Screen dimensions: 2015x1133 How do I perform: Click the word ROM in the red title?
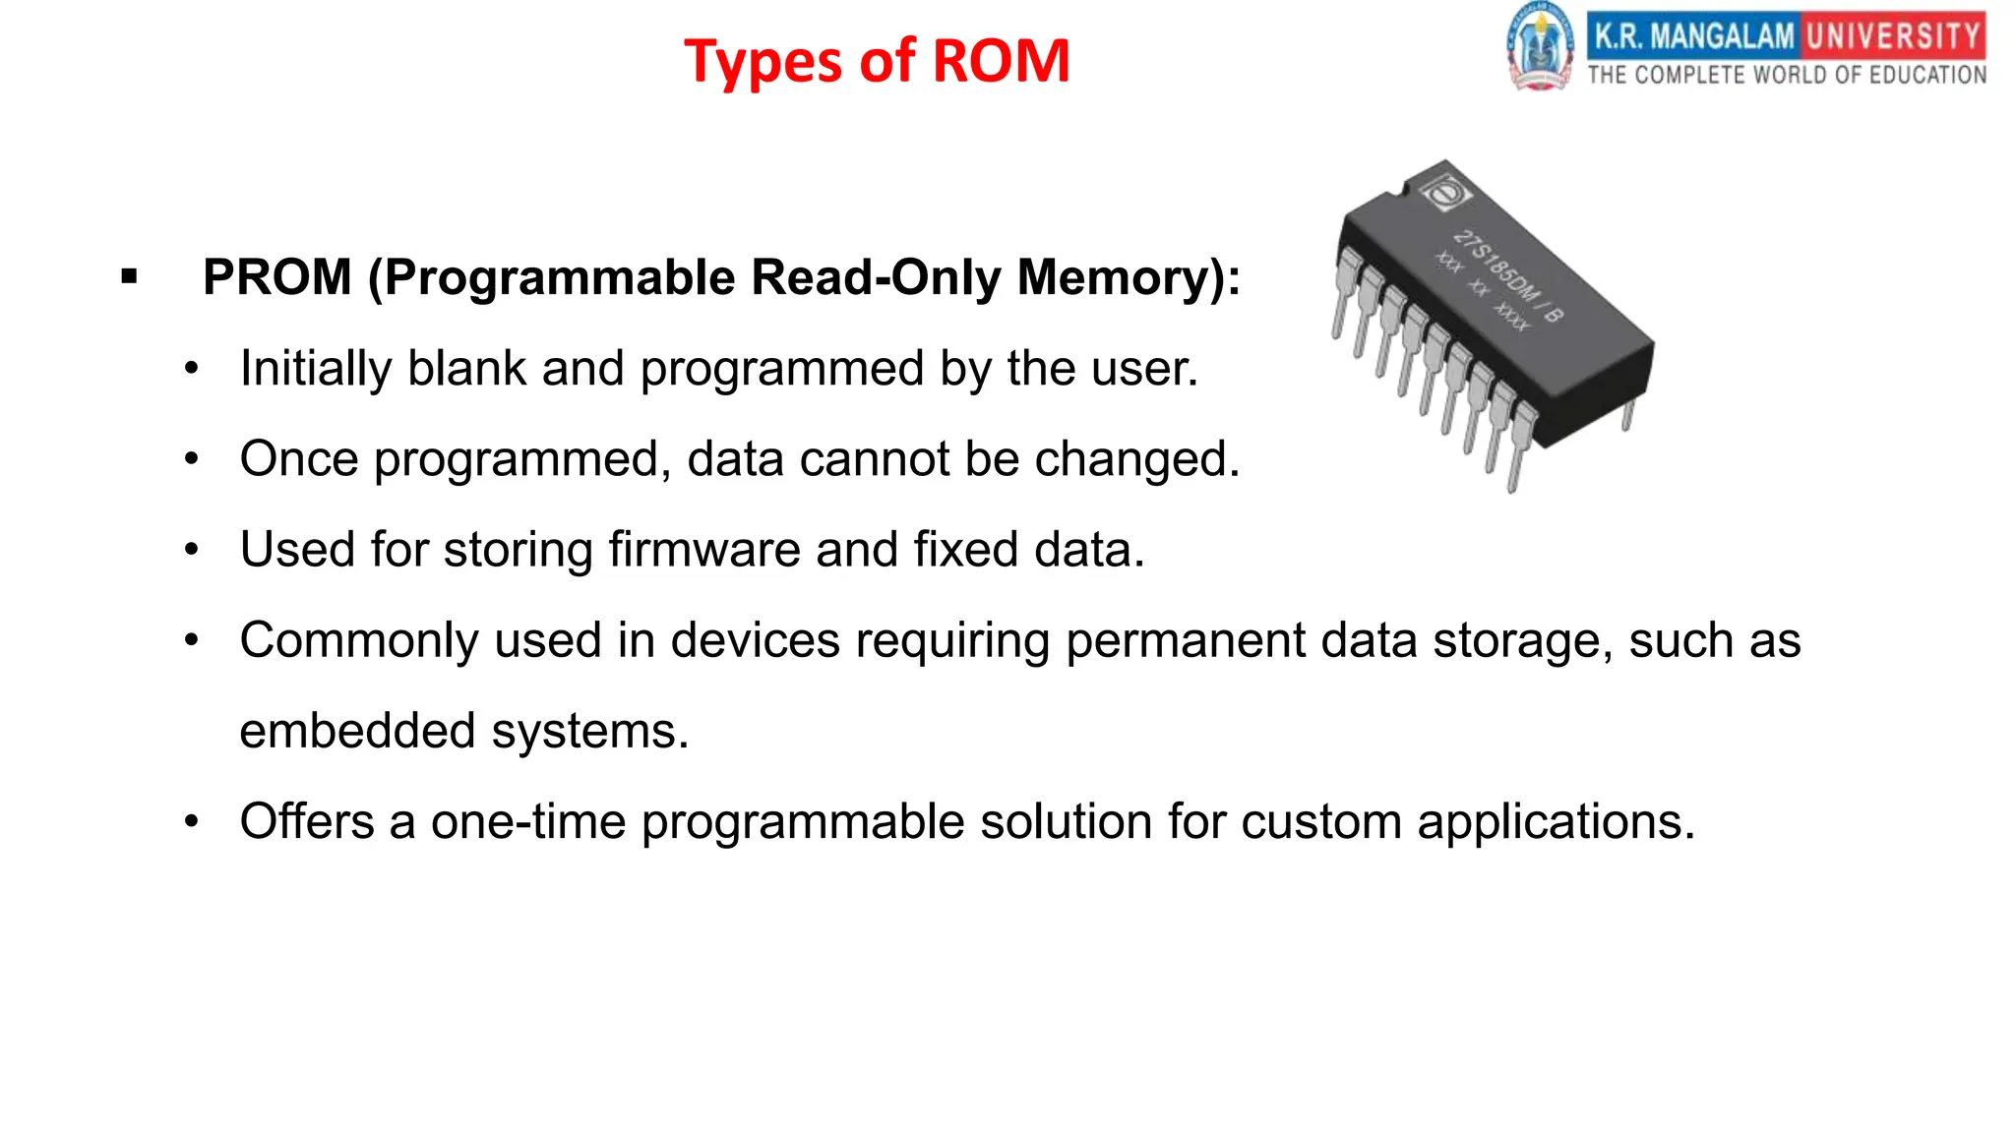1000,61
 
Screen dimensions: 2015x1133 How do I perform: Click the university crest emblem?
1540,47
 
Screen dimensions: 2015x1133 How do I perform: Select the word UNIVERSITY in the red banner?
1893,36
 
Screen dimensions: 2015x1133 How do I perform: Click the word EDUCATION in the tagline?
1927,76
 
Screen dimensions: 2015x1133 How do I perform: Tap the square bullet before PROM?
129,277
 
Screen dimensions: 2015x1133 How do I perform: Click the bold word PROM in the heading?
276,277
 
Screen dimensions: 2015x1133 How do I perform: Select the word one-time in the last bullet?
527,821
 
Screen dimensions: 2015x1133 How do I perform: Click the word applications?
1556,822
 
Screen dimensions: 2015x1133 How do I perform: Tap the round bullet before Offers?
192,821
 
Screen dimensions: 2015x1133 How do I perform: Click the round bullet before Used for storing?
192,550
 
